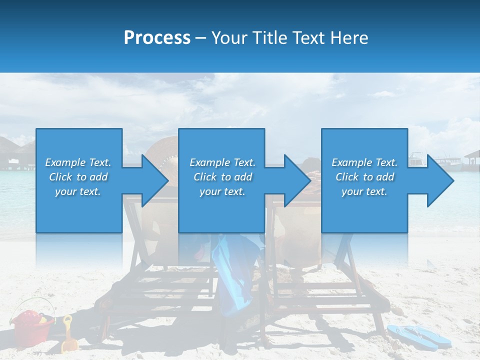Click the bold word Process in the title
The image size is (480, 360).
[157, 37]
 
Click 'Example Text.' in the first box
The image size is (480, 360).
[78, 162]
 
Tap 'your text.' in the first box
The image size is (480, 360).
[78, 191]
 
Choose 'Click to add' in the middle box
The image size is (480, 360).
[222, 177]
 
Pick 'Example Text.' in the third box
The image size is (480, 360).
[364, 162]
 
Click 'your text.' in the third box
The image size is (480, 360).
[364, 191]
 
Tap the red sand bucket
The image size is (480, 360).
[33, 325]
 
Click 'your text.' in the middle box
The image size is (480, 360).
[222, 191]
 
